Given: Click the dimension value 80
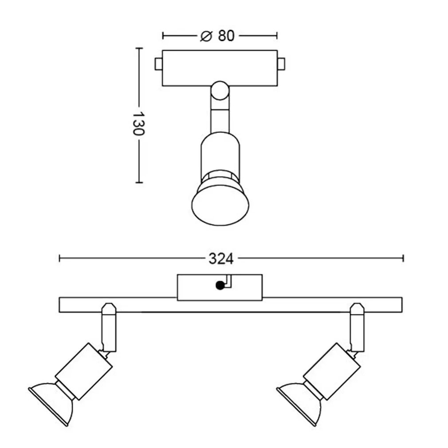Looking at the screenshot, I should click(x=226, y=36).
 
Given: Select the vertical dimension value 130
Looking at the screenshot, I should click(x=138, y=124).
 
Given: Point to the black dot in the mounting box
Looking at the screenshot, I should click(x=219, y=286).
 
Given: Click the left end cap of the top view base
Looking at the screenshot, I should click(x=158, y=64).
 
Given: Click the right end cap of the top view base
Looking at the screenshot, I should click(x=281, y=64).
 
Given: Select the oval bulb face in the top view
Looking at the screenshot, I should click(x=220, y=204).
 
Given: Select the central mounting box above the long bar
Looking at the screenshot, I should click(x=220, y=287).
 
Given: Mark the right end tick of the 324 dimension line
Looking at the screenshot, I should click(x=403, y=258).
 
